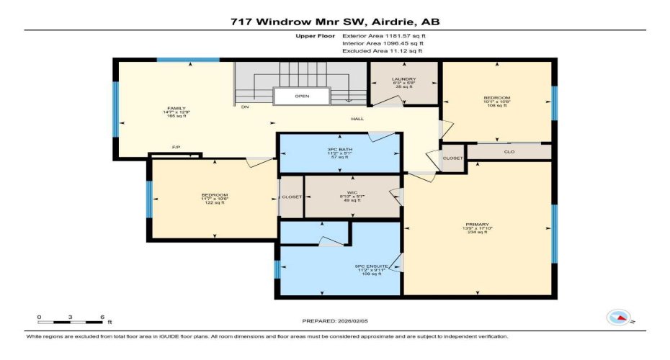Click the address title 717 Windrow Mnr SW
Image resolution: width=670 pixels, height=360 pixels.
(x=334, y=22)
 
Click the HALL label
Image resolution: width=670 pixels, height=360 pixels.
(x=357, y=119)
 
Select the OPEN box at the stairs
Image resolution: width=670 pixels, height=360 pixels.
(x=302, y=96)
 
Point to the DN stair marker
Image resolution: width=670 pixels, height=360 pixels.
(x=245, y=108)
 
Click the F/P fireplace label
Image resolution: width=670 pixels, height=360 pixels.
(x=175, y=148)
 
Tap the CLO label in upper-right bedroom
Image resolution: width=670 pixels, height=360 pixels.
(x=509, y=152)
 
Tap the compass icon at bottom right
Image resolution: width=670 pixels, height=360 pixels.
(x=618, y=318)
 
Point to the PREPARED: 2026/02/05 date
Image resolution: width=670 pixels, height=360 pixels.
(x=334, y=321)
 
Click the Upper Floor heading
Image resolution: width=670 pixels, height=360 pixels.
(x=316, y=35)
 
